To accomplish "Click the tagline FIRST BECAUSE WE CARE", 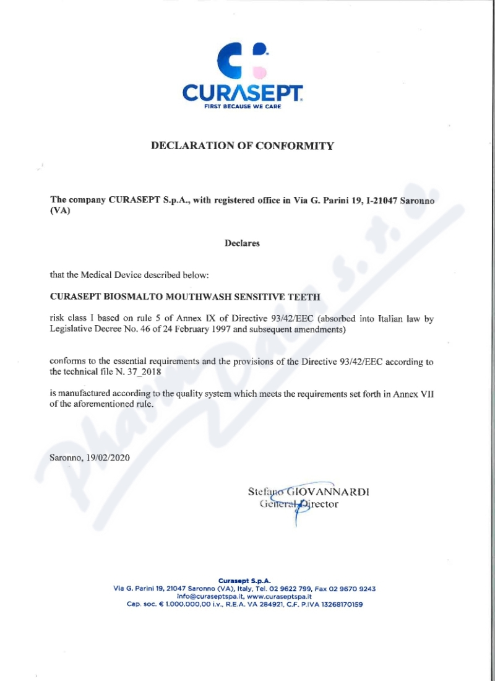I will pos(243,106).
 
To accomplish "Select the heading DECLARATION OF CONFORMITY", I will pos(243,146).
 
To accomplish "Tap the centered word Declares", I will pos(242,243).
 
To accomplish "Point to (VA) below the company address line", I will pos(60,210).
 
